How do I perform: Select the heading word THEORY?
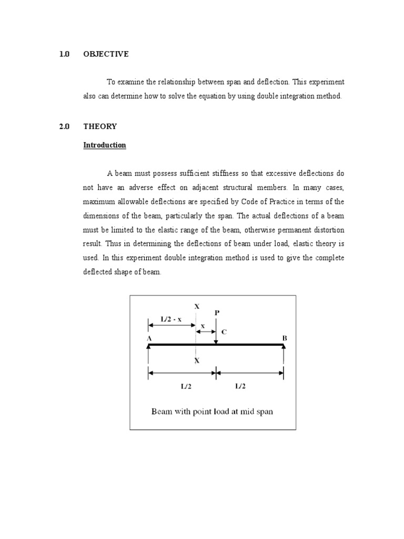100,126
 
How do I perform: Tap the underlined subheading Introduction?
105,145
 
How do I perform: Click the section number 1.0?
65,54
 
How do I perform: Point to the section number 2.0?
65,126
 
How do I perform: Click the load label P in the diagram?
216,313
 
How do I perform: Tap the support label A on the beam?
149,338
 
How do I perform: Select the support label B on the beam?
284,338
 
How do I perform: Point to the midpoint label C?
225,332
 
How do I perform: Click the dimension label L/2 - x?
171,318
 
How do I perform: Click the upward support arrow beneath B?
284,358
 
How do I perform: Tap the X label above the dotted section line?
197,306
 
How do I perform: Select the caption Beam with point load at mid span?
212,412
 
